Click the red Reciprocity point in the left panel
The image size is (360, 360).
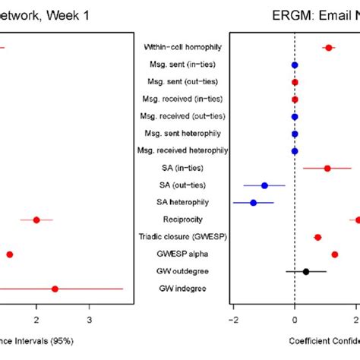pos(36,220)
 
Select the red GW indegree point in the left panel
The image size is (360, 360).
pos(55,289)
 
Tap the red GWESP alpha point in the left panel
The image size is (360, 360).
pos(10,254)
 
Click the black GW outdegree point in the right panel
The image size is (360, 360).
pos(306,271)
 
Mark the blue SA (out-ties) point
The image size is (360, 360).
pos(264,185)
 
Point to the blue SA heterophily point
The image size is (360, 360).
pos(253,203)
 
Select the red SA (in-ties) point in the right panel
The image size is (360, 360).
pos(327,169)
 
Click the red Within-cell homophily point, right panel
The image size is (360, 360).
pos(329,48)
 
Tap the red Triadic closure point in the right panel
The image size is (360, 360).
pos(317,237)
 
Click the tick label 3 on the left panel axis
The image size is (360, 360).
pos(90,320)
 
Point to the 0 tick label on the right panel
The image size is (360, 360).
pos(295,320)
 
